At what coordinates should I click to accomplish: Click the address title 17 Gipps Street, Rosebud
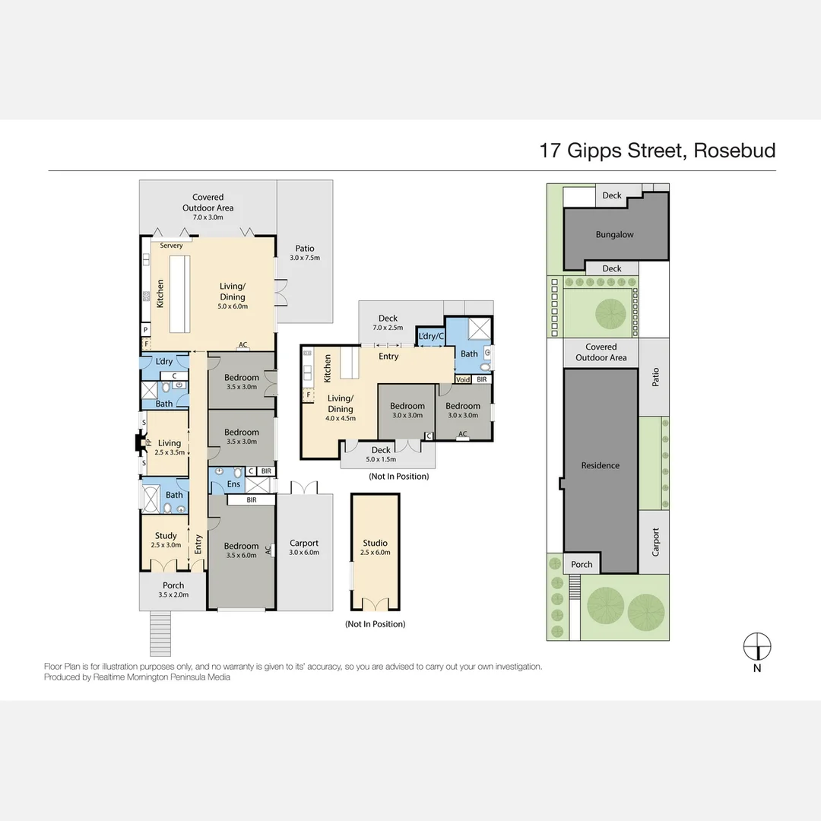pos(657,150)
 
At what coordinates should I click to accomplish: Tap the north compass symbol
pos(756,646)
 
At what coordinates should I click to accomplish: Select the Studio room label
pos(375,543)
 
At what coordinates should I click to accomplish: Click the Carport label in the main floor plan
pos(304,543)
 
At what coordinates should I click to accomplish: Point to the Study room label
pos(166,535)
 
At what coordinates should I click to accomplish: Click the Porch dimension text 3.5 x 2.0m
pos(173,594)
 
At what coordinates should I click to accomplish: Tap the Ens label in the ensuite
pos(233,484)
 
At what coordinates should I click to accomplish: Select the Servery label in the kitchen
pos(171,246)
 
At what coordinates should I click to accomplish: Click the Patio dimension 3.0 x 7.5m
pos(305,258)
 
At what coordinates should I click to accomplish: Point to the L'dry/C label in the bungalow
pos(430,336)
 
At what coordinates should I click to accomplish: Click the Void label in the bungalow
pos(463,379)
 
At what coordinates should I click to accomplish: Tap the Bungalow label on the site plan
pos(614,235)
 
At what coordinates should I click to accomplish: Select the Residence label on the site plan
pos(600,465)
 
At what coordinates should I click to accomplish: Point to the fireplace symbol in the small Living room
pos(139,442)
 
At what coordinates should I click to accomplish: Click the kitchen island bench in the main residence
pos(179,294)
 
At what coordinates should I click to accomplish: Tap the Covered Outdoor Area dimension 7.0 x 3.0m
pos(208,217)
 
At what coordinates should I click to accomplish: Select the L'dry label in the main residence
pos(164,362)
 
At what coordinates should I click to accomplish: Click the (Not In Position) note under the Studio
pos(375,624)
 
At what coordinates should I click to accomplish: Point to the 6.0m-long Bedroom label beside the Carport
pos(241,546)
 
